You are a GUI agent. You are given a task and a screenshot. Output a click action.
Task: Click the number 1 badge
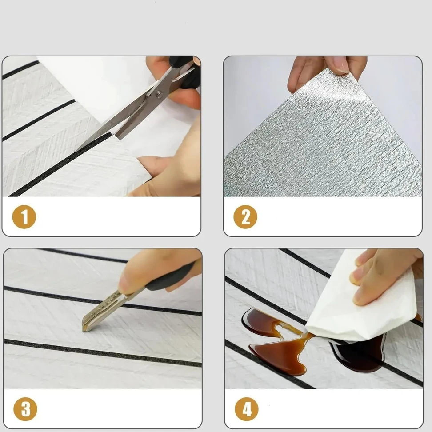(24, 216)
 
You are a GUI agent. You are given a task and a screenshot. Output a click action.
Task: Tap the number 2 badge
(245, 216)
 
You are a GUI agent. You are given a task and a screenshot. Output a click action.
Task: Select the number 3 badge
(25, 409)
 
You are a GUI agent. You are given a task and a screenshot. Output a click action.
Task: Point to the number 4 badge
(247, 409)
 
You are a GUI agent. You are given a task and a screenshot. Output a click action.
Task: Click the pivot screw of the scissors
(160, 94)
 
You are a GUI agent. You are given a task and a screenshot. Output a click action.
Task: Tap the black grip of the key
(171, 277)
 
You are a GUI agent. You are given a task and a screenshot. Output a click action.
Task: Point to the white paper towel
(361, 306)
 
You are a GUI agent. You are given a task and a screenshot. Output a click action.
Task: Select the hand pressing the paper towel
(386, 276)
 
